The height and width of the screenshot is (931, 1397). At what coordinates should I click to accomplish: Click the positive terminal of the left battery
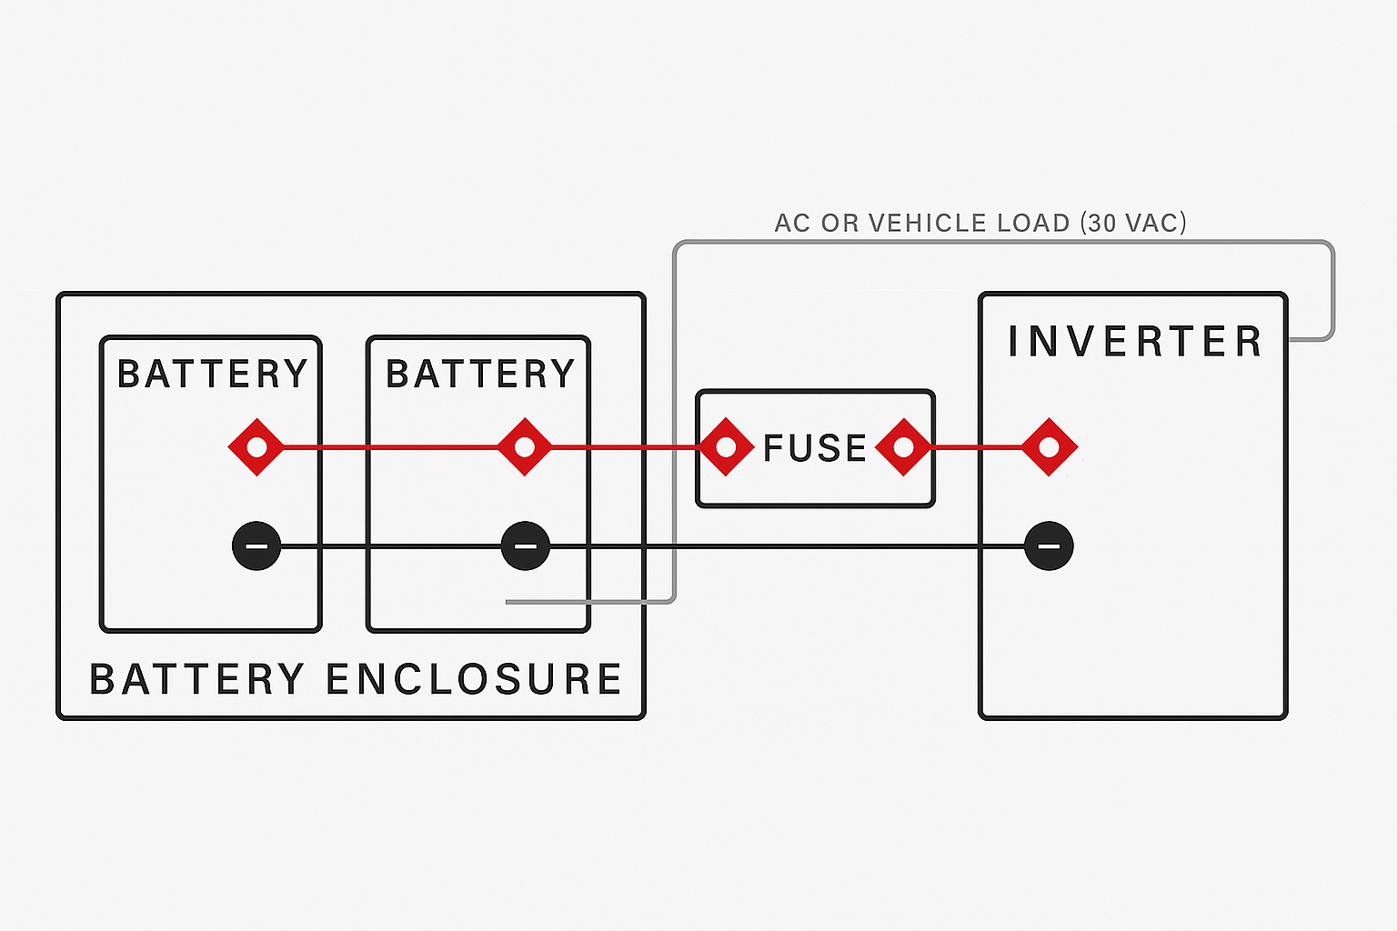tap(256, 446)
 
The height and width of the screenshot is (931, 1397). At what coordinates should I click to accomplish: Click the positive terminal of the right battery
tap(524, 446)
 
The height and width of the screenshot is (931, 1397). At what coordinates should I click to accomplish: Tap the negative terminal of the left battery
tap(256, 546)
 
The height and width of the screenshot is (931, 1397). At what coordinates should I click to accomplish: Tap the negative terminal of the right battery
tap(525, 546)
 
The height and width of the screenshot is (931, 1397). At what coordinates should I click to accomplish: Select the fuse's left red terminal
tap(725, 446)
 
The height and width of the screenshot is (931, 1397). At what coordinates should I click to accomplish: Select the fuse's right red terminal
tap(903, 446)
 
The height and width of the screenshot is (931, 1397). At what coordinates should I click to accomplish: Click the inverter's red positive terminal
tap(1049, 446)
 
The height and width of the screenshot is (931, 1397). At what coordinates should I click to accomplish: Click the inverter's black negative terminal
tap(1049, 546)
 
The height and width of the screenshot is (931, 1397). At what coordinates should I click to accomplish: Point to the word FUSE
tap(815, 448)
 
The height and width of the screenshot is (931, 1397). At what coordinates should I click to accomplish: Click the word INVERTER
tap(1135, 342)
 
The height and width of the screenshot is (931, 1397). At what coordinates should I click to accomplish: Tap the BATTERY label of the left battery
tap(213, 374)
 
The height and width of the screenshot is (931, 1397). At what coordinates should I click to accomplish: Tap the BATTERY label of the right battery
tap(480, 374)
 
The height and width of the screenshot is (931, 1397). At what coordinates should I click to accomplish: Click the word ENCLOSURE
tap(474, 679)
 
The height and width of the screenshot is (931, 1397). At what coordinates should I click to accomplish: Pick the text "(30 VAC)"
tap(1133, 223)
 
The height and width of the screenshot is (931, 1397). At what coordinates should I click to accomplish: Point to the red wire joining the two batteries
tap(391, 446)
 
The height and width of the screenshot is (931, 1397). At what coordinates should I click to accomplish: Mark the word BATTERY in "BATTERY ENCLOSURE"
tap(197, 679)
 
